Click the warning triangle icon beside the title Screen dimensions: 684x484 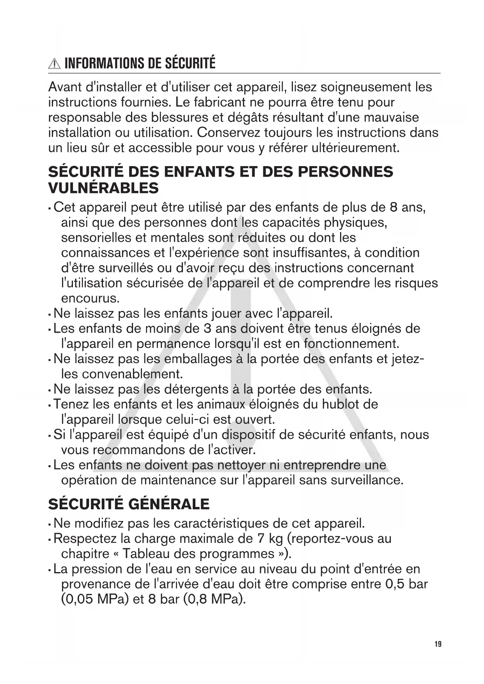[55, 64]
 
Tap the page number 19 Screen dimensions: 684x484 [438, 644]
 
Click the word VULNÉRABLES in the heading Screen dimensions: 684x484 [103, 188]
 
